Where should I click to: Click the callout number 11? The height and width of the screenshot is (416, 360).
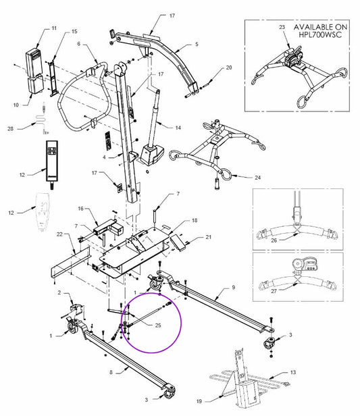point(53,29)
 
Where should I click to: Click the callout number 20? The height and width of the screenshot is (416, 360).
point(228,68)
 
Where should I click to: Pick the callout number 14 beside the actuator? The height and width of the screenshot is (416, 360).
point(178,128)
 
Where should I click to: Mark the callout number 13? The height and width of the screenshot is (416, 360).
point(292,372)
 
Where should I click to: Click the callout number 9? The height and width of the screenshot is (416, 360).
point(234,288)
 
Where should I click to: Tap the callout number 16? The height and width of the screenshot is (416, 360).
point(80,209)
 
